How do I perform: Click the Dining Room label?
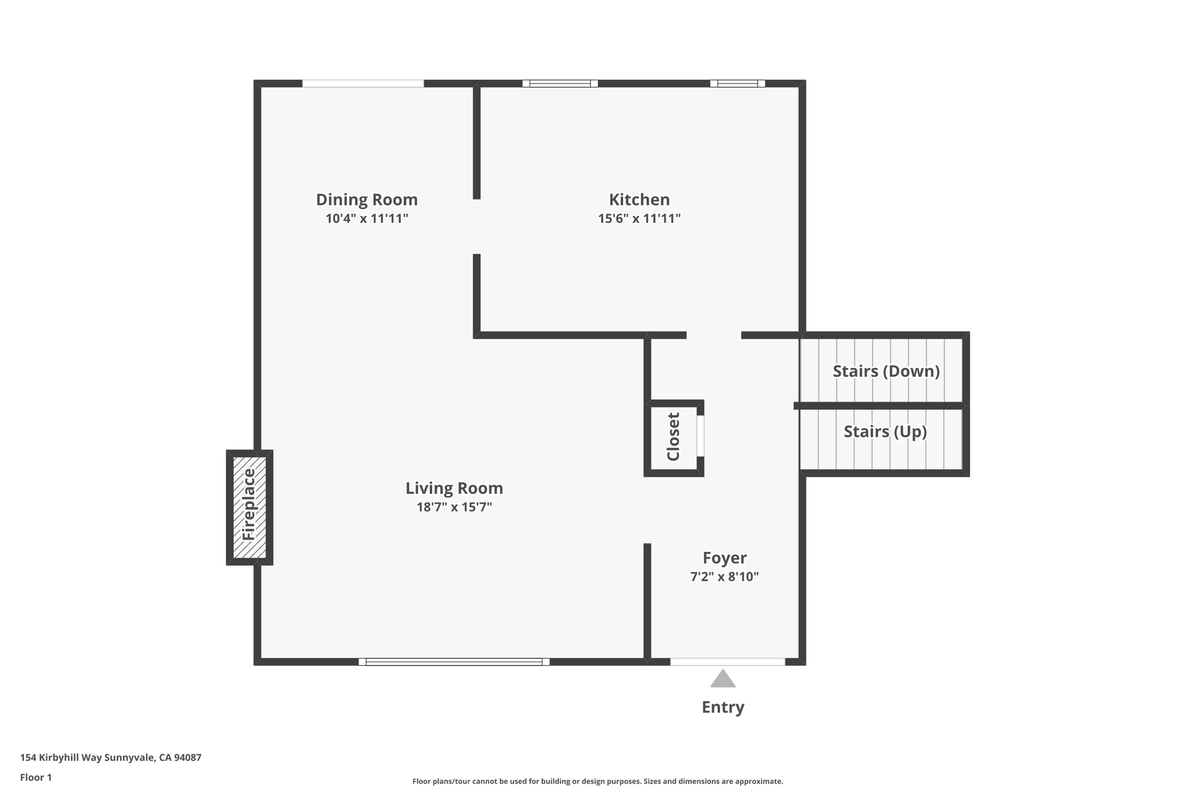click(x=367, y=200)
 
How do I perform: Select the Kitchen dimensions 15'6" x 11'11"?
click(x=639, y=218)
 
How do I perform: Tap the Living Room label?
click(x=454, y=488)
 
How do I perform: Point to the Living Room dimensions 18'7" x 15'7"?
click(x=454, y=507)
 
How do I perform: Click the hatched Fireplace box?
click(x=249, y=507)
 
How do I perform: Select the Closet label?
click(x=673, y=437)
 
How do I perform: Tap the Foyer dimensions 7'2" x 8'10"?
click(x=724, y=577)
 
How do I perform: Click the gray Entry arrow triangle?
click(x=722, y=679)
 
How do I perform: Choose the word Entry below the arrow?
click(x=722, y=707)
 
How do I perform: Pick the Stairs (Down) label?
click(x=885, y=371)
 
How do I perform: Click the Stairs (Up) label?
click(x=885, y=431)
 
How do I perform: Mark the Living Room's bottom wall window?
click(x=454, y=662)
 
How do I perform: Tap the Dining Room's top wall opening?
click(x=363, y=83)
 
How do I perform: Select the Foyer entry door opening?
click(x=727, y=662)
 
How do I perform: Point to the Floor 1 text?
click(x=36, y=777)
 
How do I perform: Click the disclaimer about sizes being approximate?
click(x=597, y=781)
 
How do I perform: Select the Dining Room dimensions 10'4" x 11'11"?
click(x=367, y=218)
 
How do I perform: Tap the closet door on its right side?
click(x=700, y=436)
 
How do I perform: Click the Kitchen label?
click(x=639, y=200)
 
